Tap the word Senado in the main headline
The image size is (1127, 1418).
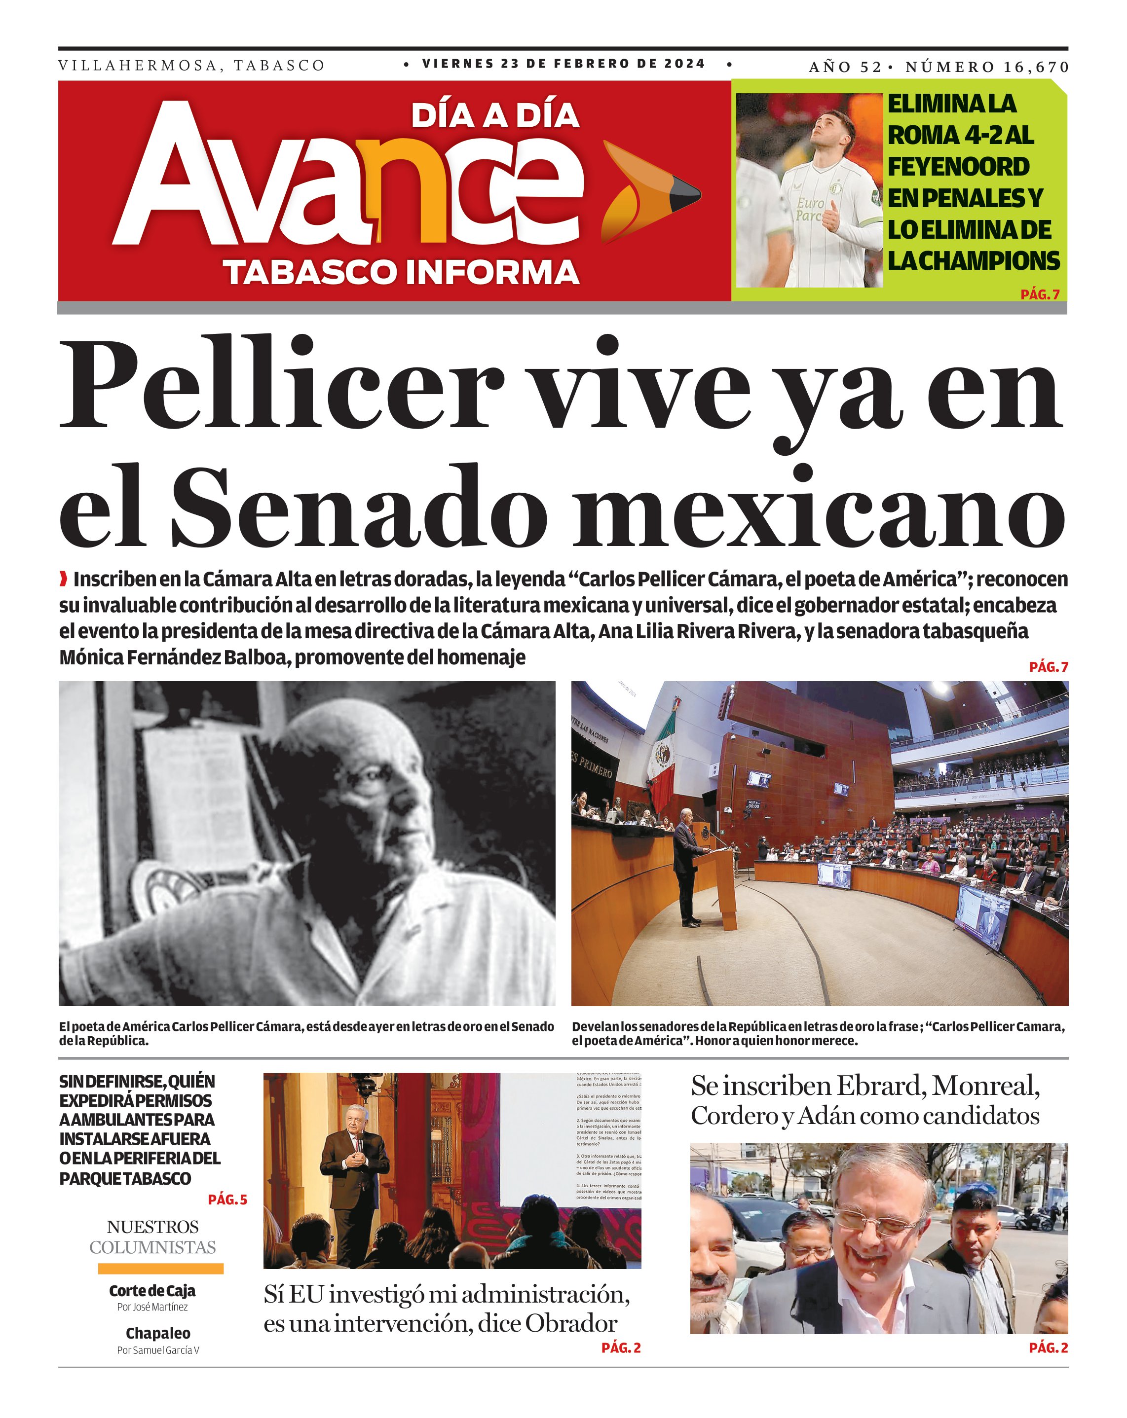tap(359, 509)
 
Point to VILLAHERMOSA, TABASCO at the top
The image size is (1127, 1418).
tap(191, 66)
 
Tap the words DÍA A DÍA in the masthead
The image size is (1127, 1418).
tap(495, 116)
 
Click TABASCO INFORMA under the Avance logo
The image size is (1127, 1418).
tap(401, 272)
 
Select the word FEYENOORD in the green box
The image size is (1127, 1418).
tap(958, 166)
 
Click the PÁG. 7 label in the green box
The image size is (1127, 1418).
tap(1040, 294)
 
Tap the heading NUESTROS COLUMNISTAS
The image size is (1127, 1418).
tap(152, 1236)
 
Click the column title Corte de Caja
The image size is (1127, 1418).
tap(152, 1290)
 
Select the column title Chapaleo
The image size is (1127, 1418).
tap(158, 1333)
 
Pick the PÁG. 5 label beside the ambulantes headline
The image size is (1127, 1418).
tap(227, 1200)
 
